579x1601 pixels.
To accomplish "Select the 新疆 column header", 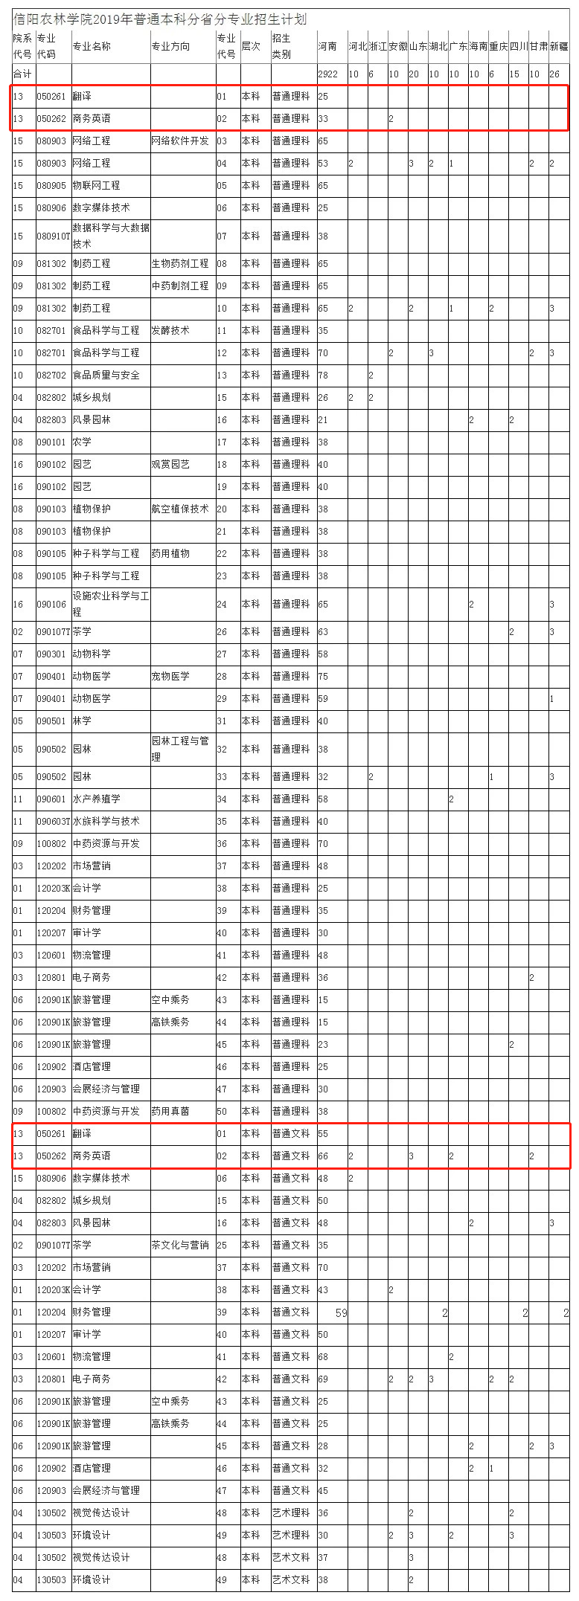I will pyautogui.click(x=559, y=46).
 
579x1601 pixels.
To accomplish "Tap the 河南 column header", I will pyautogui.click(x=327, y=46).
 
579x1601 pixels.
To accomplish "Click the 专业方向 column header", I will pyautogui.click(x=170, y=46).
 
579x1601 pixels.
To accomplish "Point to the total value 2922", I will pyautogui.click(x=327, y=74).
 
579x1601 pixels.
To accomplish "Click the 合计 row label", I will pyautogui.click(x=22, y=74).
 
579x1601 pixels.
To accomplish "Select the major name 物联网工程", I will pyautogui.click(x=96, y=185).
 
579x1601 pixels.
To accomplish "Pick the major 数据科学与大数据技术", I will pyautogui.click(x=111, y=236).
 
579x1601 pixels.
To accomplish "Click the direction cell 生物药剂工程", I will pyautogui.click(x=180, y=263).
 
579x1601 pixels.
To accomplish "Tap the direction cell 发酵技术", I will pyautogui.click(x=170, y=330).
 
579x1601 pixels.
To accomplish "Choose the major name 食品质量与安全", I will pyautogui.click(x=106, y=375).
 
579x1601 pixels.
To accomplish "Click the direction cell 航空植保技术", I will pyautogui.click(x=180, y=509).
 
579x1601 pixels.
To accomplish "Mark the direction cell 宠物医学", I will pyautogui.click(x=170, y=676).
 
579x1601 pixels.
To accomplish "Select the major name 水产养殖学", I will pyautogui.click(x=96, y=799).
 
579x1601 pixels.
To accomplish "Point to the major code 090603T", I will pyautogui.click(x=54, y=821).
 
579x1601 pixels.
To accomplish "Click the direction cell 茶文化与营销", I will pyautogui.click(x=180, y=1245).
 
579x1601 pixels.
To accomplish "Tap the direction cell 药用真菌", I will pyautogui.click(x=170, y=1111).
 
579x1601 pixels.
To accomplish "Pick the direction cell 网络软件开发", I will pyautogui.click(x=180, y=141).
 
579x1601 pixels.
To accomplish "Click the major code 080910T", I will pyautogui.click(x=54, y=236).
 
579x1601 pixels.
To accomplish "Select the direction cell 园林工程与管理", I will pyautogui.click(x=180, y=749).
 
